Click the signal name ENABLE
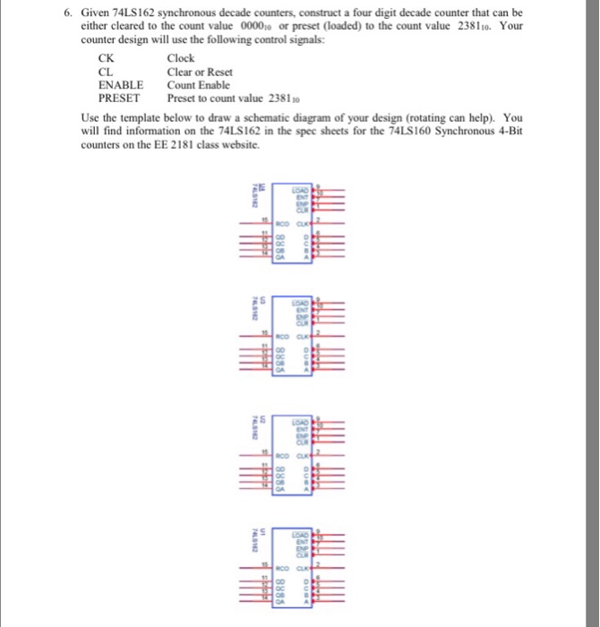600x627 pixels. (120, 85)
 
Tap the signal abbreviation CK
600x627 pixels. (106, 60)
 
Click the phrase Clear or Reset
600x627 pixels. (200, 73)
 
